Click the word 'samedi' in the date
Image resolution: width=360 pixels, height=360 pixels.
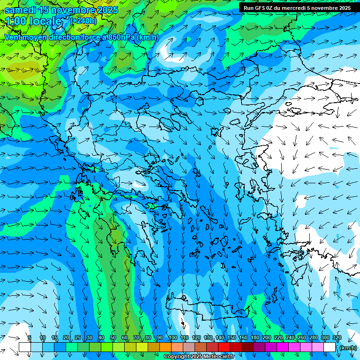21,10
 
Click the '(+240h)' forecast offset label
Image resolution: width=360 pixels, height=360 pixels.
83,21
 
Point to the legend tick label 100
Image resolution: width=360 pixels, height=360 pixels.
172,338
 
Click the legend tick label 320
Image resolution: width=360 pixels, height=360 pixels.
336,338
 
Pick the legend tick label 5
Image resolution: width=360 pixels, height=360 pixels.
30,338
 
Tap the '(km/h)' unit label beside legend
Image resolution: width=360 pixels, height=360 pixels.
348,348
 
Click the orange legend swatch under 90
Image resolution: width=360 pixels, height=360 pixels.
165,347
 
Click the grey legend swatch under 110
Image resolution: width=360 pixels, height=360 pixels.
188,347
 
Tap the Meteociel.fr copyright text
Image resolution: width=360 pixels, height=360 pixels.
199,357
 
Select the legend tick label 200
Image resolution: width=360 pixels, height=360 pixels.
266,338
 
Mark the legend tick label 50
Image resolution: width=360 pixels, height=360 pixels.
113,338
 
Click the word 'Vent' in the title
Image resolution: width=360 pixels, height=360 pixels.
13,37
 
